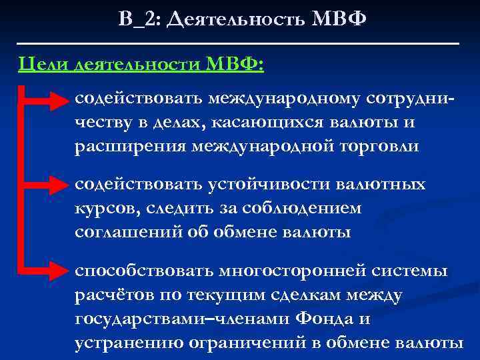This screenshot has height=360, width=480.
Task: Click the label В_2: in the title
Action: point(139,18)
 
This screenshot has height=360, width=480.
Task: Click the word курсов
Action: point(104,208)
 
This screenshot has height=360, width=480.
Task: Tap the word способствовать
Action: point(141,270)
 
